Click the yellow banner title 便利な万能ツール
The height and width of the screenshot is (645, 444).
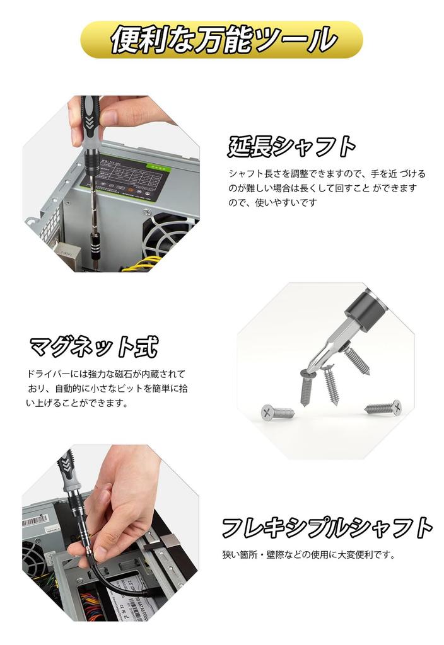pyautogui.click(x=223, y=39)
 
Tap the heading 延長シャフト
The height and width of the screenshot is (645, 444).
pyautogui.click(x=291, y=146)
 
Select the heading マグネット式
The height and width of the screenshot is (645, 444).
pyautogui.click(x=93, y=346)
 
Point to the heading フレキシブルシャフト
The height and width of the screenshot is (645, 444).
pyautogui.click(x=327, y=527)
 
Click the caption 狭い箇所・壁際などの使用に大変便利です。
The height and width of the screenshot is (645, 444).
pyautogui.click(x=308, y=554)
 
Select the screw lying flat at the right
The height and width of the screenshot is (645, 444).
pyautogui.click(x=383, y=408)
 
